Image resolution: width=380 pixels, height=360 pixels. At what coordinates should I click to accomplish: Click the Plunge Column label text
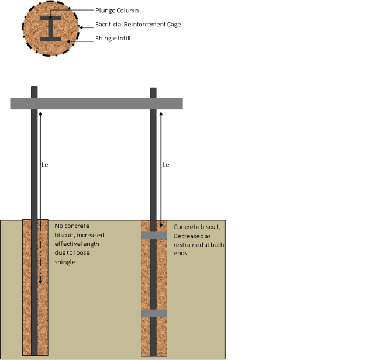[x=116, y=11]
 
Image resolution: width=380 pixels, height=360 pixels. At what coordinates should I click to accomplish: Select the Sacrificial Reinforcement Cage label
[x=138, y=25]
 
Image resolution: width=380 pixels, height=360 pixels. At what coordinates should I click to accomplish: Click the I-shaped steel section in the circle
[x=51, y=27]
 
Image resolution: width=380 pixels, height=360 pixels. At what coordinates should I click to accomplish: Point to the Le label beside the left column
[x=45, y=165]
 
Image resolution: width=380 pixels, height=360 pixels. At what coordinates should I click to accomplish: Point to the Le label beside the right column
[x=165, y=165]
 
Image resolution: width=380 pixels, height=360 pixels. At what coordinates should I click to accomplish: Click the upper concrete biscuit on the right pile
[x=154, y=235]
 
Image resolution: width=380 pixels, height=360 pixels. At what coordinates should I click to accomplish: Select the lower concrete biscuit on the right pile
[x=154, y=313]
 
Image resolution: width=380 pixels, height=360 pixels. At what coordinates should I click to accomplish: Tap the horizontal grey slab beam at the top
[x=96, y=103]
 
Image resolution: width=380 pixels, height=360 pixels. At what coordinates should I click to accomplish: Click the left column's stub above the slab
[x=34, y=92]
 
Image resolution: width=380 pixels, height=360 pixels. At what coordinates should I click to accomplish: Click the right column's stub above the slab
[x=153, y=93]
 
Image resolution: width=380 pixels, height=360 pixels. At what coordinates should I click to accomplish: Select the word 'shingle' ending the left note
[x=66, y=262]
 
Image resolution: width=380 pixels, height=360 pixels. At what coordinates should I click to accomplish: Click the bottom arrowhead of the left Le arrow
[x=40, y=282]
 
